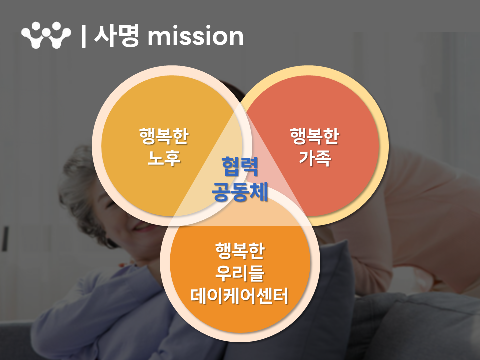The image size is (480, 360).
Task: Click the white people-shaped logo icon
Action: coord(46,35)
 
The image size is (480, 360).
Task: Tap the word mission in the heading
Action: coord(195,36)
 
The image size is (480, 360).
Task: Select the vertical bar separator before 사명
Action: coord(84,36)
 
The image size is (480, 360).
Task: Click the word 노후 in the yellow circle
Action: coord(164,158)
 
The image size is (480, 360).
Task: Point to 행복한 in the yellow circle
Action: coord(164,136)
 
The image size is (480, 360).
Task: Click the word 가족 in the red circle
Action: coord(315,158)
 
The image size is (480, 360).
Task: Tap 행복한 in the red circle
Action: coord(315,136)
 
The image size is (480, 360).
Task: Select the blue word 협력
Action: coord(240,167)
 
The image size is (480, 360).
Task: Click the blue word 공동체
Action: coord(240,192)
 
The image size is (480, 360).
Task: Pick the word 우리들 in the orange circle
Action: coord(240,273)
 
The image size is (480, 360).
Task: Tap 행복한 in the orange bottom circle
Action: coord(240,251)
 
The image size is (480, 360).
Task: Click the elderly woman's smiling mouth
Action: coord(141,227)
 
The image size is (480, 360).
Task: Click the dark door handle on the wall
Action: coord(5,239)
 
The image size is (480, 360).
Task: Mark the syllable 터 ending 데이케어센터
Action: coord(280,296)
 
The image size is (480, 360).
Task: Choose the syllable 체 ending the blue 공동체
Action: coord(259,192)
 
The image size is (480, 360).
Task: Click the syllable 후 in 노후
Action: coord(173,158)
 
